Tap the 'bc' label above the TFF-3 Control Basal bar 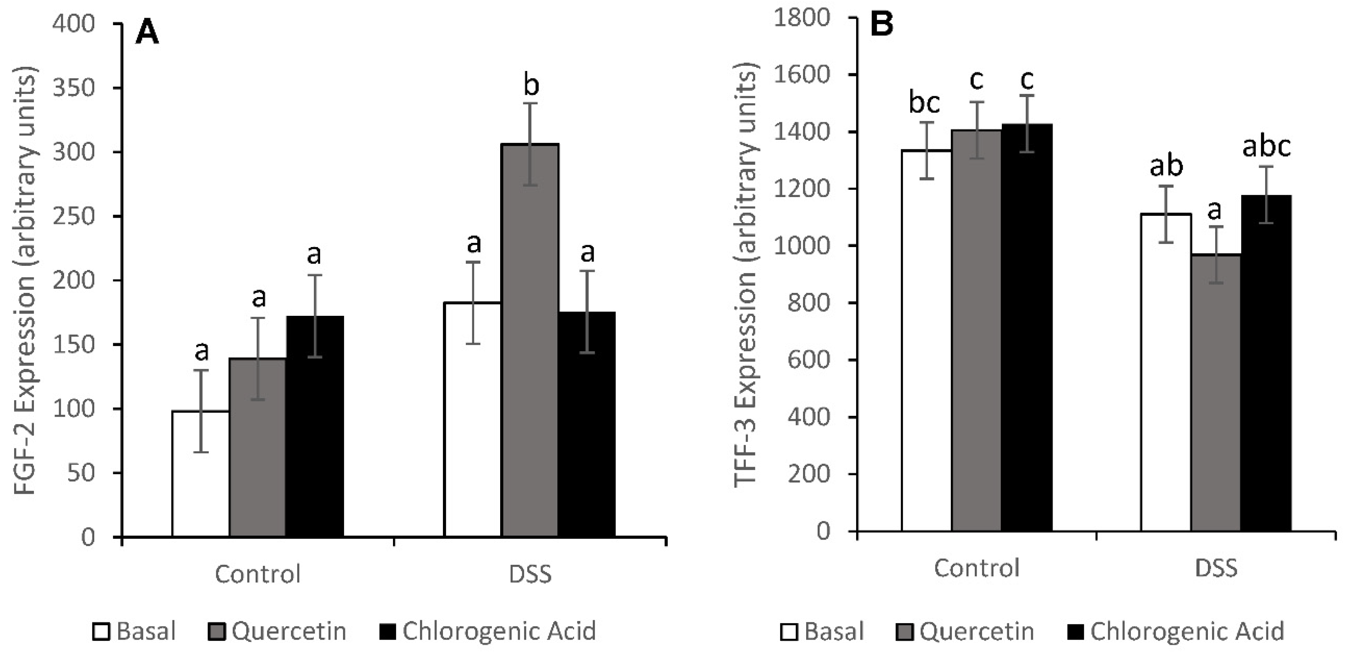tap(924, 102)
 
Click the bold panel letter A tap(147, 34)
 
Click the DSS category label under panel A tap(530, 574)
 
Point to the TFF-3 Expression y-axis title tap(745, 280)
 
